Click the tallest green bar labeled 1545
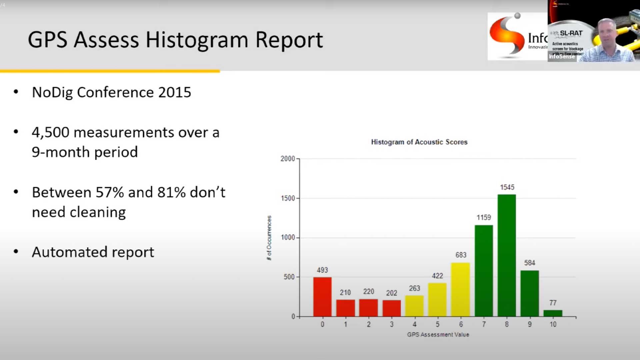pyautogui.click(x=507, y=255)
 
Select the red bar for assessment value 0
pyautogui.click(x=322, y=296)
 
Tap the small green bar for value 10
pyautogui.click(x=553, y=313)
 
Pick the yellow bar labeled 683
pyautogui.click(x=461, y=289)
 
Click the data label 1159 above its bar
pyautogui.click(x=484, y=218)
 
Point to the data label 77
pyautogui.click(x=553, y=303)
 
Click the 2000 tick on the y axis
pyautogui.click(x=288, y=159)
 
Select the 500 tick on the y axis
pyautogui.click(x=289, y=277)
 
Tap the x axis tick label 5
pyautogui.click(x=437, y=324)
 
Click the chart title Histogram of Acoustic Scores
pyautogui.click(x=419, y=142)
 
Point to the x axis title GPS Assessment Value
pyautogui.click(x=438, y=334)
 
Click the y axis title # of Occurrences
pyautogui.click(x=269, y=238)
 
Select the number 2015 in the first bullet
pyautogui.click(x=174, y=92)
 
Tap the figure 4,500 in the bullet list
pyautogui.click(x=50, y=132)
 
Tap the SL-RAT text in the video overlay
pyautogui.click(x=571, y=33)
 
